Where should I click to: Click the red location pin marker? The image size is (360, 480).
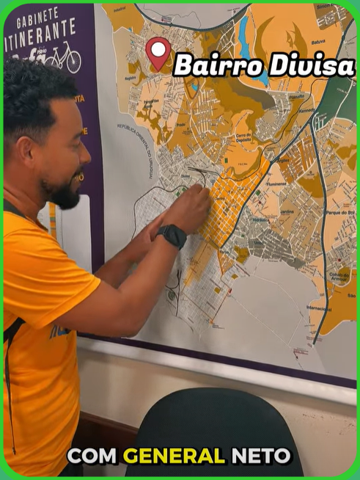click(x=158, y=53)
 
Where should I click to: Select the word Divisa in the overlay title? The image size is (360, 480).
click(x=311, y=65)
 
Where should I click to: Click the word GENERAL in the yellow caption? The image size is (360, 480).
click(x=174, y=456)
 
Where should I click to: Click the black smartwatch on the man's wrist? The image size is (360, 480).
click(x=172, y=236)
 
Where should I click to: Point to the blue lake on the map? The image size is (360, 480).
click(x=243, y=33)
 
